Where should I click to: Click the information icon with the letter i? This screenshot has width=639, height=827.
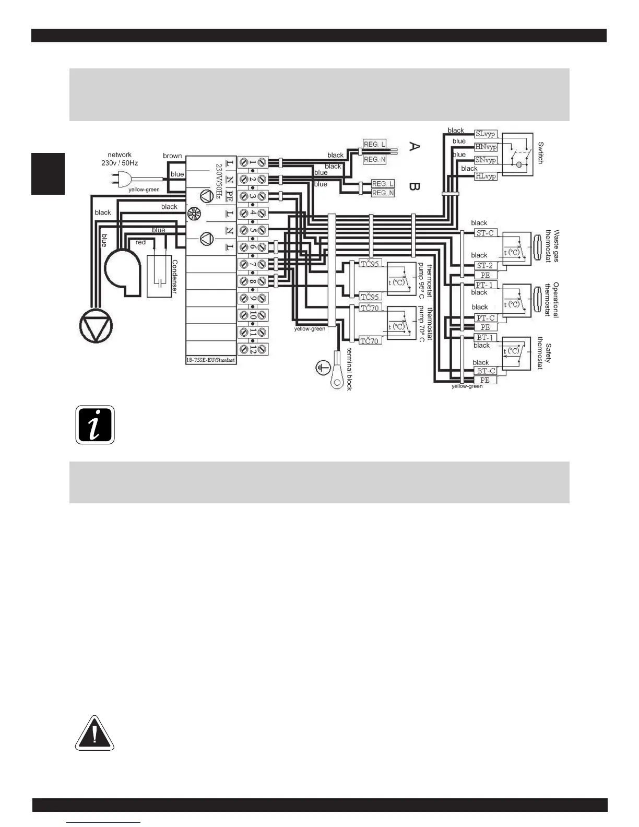point(95,425)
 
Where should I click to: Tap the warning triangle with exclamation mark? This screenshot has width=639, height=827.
point(94,733)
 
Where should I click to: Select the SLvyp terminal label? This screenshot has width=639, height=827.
point(485,134)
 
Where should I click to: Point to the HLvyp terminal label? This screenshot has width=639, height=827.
point(486,176)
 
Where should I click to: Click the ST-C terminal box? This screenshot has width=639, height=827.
point(485,233)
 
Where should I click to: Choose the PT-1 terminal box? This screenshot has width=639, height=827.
point(484,285)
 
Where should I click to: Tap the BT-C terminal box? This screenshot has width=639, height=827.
point(485,371)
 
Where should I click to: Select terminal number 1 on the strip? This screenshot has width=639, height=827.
point(253,162)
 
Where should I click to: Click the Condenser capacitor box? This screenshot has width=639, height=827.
point(159,276)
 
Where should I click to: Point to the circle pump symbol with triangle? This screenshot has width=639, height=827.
point(96,326)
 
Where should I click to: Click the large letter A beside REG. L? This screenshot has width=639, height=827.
point(413,147)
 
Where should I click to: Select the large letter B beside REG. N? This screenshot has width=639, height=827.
point(413,186)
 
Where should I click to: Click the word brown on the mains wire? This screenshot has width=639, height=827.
point(172,156)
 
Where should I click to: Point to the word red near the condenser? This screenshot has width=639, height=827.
point(140,242)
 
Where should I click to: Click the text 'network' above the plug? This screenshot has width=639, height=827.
point(120,155)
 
